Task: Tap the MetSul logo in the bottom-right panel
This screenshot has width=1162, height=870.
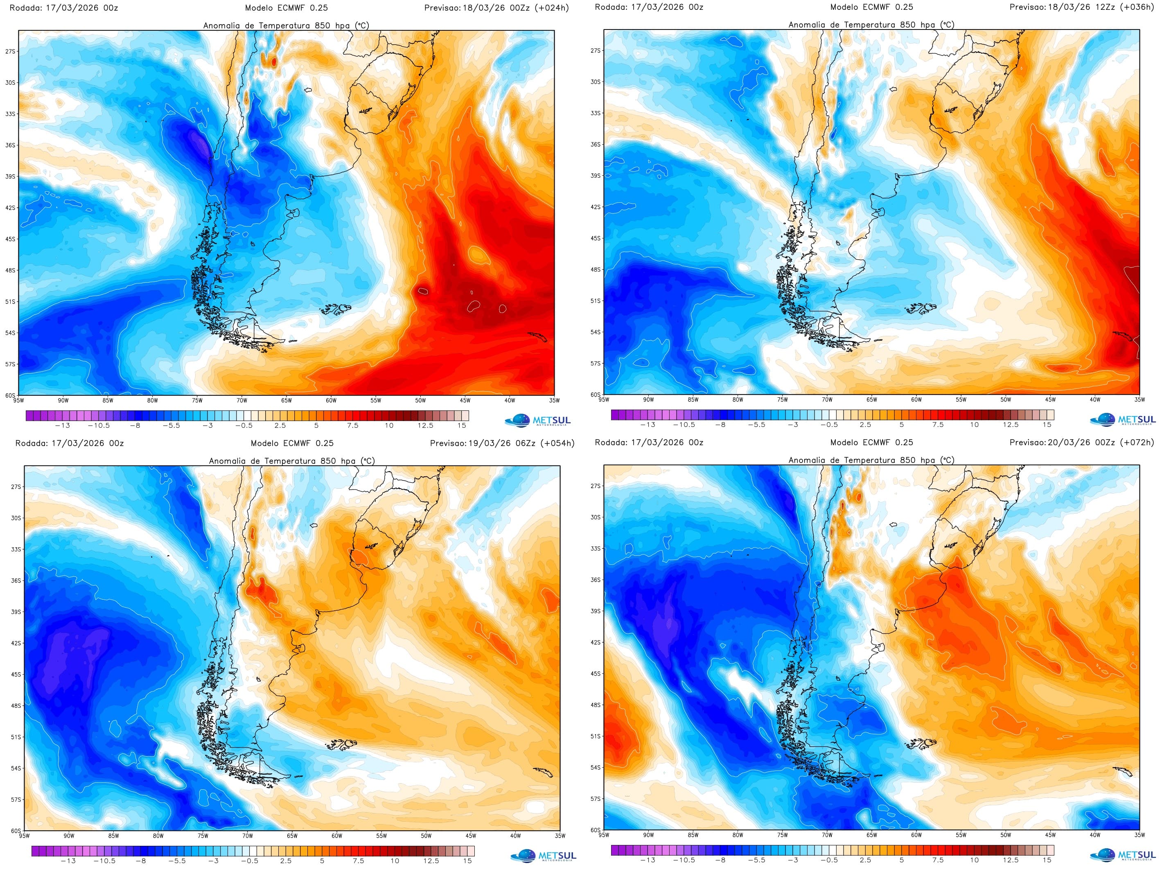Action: click(x=1122, y=855)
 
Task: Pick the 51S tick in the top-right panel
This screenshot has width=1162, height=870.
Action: click(x=595, y=301)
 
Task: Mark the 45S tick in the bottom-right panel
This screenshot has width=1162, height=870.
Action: click(x=595, y=673)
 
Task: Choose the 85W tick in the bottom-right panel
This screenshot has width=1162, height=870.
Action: click(x=693, y=835)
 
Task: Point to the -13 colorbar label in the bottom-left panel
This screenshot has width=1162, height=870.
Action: click(x=68, y=861)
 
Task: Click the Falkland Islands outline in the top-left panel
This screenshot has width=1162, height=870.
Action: click(x=335, y=309)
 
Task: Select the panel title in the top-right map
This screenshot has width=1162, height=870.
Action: click(x=871, y=25)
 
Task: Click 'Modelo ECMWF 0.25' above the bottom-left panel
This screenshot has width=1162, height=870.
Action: click(x=292, y=443)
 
